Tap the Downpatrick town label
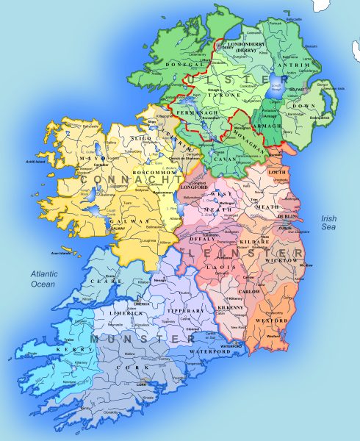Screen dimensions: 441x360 (322, 117)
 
